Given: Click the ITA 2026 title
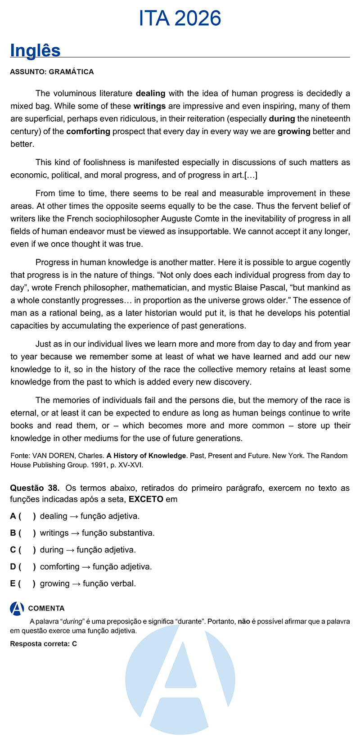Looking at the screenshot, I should pyautogui.click(x=180, y=18).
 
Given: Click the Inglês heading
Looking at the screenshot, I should pyautogui.click(x=35, y=50).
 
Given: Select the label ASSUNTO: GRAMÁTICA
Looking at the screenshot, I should pyautogui.click(x=52, y=72).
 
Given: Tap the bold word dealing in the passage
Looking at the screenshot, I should pyautogui.click(x=151, y=94).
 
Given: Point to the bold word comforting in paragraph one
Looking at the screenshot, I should pyautogui.click(x=88, y=131).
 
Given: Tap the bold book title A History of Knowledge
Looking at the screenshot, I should pyautogui.click(x=146, y=456).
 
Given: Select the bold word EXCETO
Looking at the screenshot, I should pyautogui.click(x=146, y=499).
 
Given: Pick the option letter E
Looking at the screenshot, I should pyautogui.click(x=13, y=583).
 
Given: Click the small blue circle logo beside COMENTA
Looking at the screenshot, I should pyautogui.click(x=17, y=608).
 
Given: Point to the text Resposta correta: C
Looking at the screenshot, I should pyautogui.click(x=44, y=644).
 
